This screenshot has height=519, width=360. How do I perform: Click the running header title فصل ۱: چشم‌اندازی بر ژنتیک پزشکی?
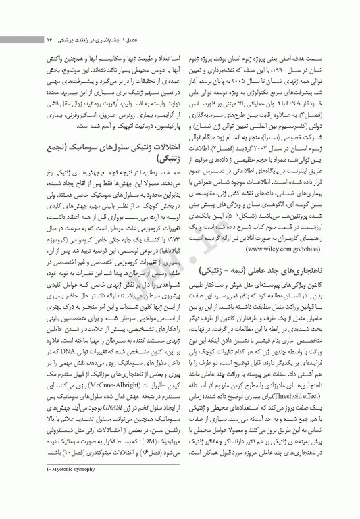(x=94, y=40)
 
